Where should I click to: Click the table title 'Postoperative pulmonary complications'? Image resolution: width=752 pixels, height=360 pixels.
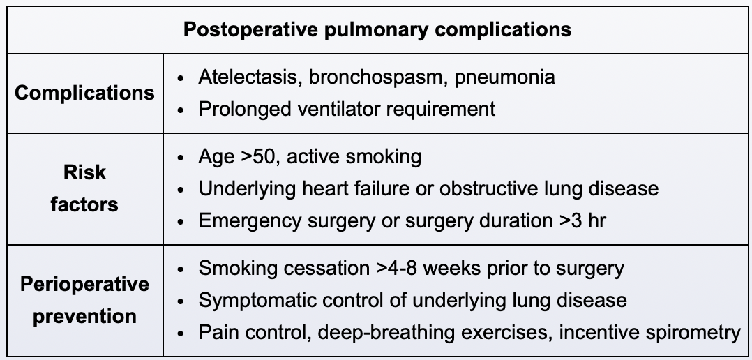pos(377,30)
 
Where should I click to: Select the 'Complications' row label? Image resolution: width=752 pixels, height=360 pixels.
pos(84,93)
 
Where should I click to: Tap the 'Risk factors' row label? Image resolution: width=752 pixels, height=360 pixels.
pos(84,188)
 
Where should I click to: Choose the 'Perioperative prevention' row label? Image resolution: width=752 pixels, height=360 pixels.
pos(84,300)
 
